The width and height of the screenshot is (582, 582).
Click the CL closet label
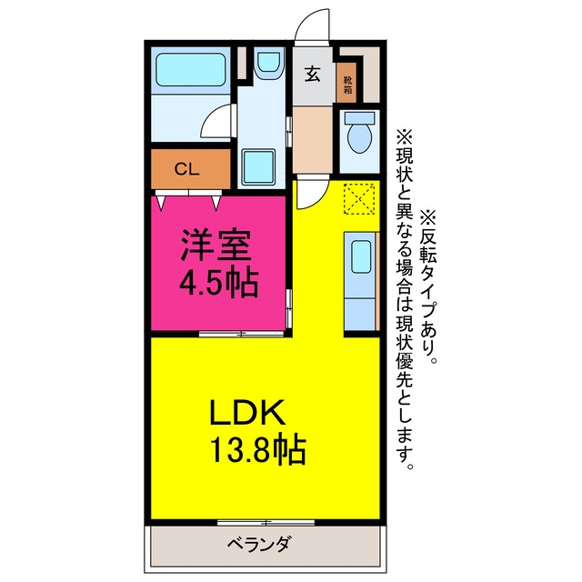(x=187, y=169)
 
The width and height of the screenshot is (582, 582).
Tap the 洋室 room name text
(x=216, y=245)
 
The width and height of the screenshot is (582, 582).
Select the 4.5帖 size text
(x=218, y=283)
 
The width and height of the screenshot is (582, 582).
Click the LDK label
(x=247, y=412)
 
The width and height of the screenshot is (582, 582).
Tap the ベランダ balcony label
(x=258, y=545)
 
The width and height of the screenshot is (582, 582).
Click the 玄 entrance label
(x=312, y=74)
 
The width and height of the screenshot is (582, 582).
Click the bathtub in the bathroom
(x=191, y=70)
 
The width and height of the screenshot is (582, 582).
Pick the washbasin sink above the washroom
(x=268, y=63)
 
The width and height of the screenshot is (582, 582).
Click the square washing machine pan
(x=258, y=166)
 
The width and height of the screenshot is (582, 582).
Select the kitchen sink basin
(x=361, y=256)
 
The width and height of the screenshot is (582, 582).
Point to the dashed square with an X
(x=359, y=198)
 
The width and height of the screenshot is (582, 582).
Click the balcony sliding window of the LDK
(x=266, y=523)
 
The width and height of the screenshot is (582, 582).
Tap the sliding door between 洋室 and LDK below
(x=242, y=334)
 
